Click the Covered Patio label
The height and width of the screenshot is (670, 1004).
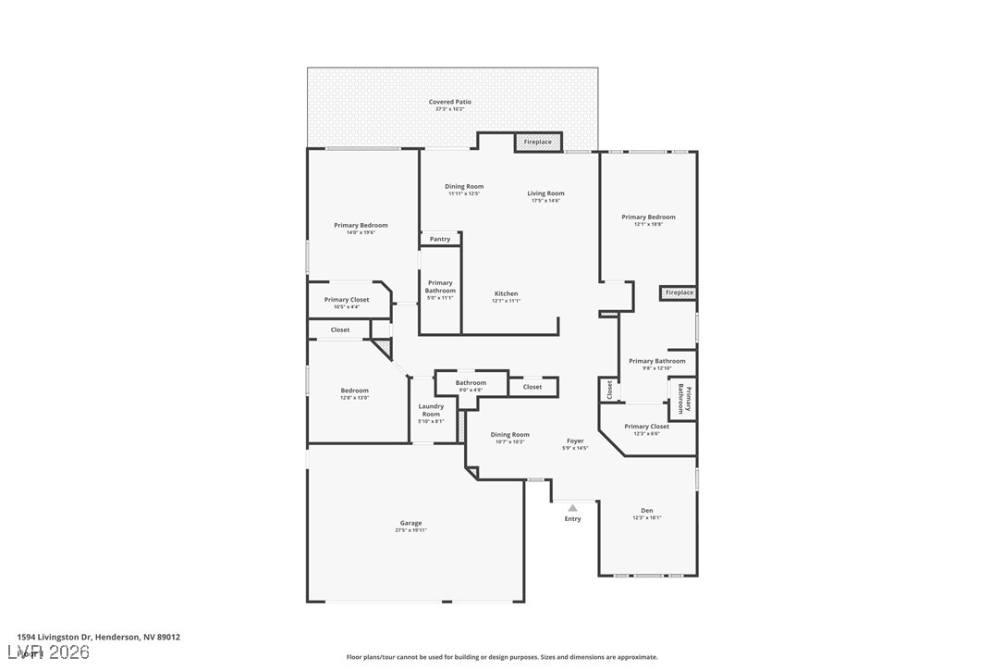[450, 102]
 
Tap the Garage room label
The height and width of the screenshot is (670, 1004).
[410, 523]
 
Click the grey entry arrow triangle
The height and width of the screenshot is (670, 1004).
[572, 507]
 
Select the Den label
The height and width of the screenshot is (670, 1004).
[647, 510]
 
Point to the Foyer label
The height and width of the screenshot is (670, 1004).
[575, 440]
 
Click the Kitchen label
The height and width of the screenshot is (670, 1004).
[506, 293]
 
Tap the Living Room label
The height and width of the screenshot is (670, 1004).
[545, 193]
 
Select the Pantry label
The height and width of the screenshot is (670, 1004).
[440, 239]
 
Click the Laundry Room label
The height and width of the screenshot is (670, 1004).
[431, 410]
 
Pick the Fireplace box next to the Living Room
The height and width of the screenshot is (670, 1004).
[538, 142]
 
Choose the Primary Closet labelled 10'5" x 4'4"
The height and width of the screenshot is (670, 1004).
[347, 300]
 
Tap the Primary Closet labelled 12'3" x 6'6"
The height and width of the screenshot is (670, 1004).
[646, 427]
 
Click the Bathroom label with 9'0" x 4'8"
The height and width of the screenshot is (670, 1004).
[471, 382]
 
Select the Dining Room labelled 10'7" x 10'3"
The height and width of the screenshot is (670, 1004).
[509, 434]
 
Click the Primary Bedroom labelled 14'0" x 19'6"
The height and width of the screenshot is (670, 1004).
[361, 225]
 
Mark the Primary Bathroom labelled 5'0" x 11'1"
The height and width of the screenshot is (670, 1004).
[440, 287]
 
